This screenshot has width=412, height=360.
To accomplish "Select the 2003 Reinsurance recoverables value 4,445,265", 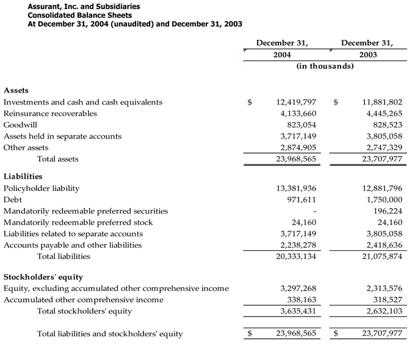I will (x=382, y=113).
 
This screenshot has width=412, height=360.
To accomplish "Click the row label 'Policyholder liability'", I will (x=42, y=189).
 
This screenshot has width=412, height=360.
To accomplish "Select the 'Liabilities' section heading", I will (x=23, y=176).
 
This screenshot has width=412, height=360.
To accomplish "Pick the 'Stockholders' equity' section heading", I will (x=43, y=277).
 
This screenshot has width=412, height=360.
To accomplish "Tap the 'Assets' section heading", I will (x=16, y=90).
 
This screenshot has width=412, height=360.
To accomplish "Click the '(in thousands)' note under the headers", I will (x=325, y=66).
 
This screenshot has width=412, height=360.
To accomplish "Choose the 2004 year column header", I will (x=281, y=54).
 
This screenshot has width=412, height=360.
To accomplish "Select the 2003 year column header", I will (x=367, y=54).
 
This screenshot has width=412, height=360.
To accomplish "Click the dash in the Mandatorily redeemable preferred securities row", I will (x=314, y=211).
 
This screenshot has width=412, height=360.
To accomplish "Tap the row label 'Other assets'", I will (x=26, y=148).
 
